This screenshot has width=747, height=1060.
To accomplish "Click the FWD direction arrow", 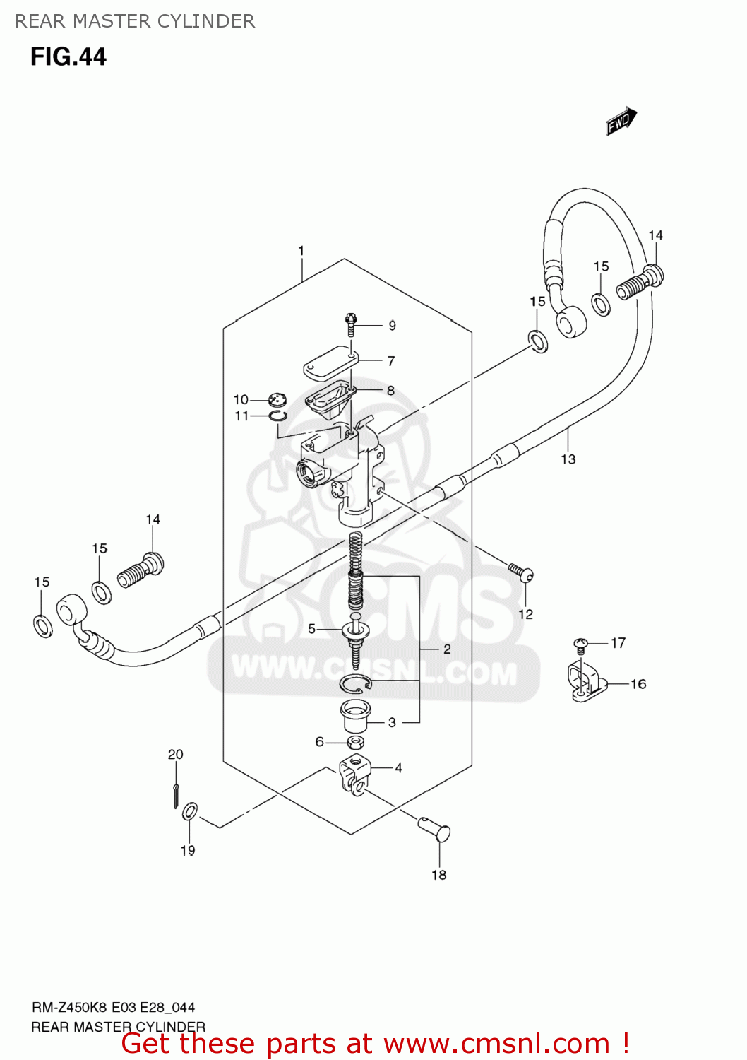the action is (x=621, y=121).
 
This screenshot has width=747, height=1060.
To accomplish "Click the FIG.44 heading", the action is (x=68, y=57).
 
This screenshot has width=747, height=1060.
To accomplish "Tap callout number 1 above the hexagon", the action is (x=301, y=251).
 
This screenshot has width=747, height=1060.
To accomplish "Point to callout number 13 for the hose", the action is (x=568, y=459).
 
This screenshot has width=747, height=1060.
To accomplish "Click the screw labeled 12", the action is (x=521, y=571).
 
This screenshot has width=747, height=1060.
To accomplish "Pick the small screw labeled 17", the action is (x=580, y=643).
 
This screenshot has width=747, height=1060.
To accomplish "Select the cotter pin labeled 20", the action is (x=175, y=794).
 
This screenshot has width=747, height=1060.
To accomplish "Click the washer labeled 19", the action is (x=190, y=811).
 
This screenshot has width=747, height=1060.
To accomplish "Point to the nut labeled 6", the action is (x=356, y=742).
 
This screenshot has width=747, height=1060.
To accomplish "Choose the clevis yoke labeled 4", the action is (x=354, y=774).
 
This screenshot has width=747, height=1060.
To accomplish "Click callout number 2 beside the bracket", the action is (x=447, y=649).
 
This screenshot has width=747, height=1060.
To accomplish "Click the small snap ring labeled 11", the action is (x=278, y=416).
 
